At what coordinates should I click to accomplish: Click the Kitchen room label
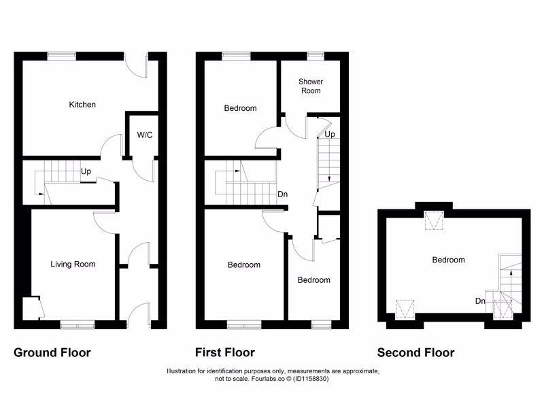tap(82, 105)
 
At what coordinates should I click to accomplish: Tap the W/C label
tap(145, 135)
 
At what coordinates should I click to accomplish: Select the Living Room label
tap(73, 264)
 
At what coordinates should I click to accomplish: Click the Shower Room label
tap(311, 86)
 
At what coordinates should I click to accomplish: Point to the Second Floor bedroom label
tap(448, 260)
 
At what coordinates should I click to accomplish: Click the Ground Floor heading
tap(52, 352)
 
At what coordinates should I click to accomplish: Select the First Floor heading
tap(225, 352)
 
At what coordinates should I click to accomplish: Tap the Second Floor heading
tap(416, 352)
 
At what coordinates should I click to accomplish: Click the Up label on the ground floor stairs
tap(86, 171)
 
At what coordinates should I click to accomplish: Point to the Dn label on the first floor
tap(283, 194)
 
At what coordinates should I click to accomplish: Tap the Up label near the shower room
tap(329, 135)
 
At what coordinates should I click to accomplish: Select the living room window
tap(76, 325)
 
